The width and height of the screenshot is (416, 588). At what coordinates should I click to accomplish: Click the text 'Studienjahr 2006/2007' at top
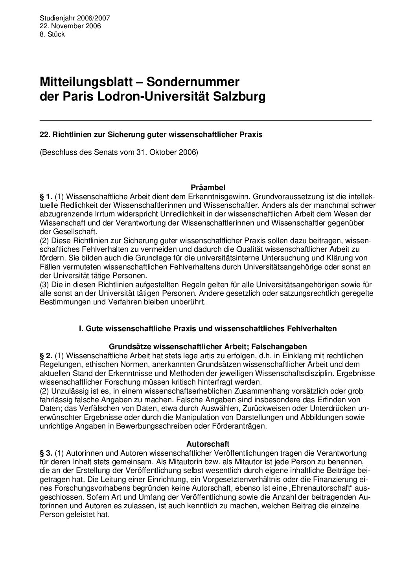(x=75, y=18)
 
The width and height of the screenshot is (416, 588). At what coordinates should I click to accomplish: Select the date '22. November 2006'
(x=70, y=26)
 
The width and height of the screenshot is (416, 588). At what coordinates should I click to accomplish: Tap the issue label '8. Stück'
(x=52, y=34)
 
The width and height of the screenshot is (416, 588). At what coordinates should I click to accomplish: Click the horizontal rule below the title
(x=206, y=119)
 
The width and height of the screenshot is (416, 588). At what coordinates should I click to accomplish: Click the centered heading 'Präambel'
(x=208, y=188)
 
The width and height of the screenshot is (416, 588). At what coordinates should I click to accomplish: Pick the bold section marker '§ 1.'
(x=46, y=196)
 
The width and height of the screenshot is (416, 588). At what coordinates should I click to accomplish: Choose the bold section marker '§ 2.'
(x=46, y=355)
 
